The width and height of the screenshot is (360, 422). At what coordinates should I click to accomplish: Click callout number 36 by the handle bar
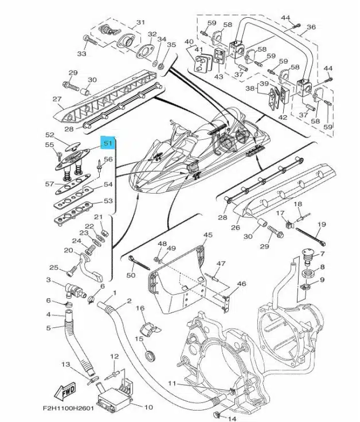(x=311, y=27)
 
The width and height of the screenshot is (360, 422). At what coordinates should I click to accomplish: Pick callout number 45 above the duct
(x=208, y=235)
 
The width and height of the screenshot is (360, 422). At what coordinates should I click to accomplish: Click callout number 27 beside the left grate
(x=57, y=99)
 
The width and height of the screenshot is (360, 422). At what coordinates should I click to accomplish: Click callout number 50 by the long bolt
(x=131, y=276)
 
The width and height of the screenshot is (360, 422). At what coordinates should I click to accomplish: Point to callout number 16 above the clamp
(x=140, y=308)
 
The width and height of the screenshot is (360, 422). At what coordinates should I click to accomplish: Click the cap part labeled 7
(x=308, y=255)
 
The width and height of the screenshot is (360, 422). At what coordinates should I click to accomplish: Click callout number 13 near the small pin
(x=66, y=365)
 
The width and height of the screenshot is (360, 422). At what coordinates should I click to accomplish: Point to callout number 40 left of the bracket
(x=189, y=42)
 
